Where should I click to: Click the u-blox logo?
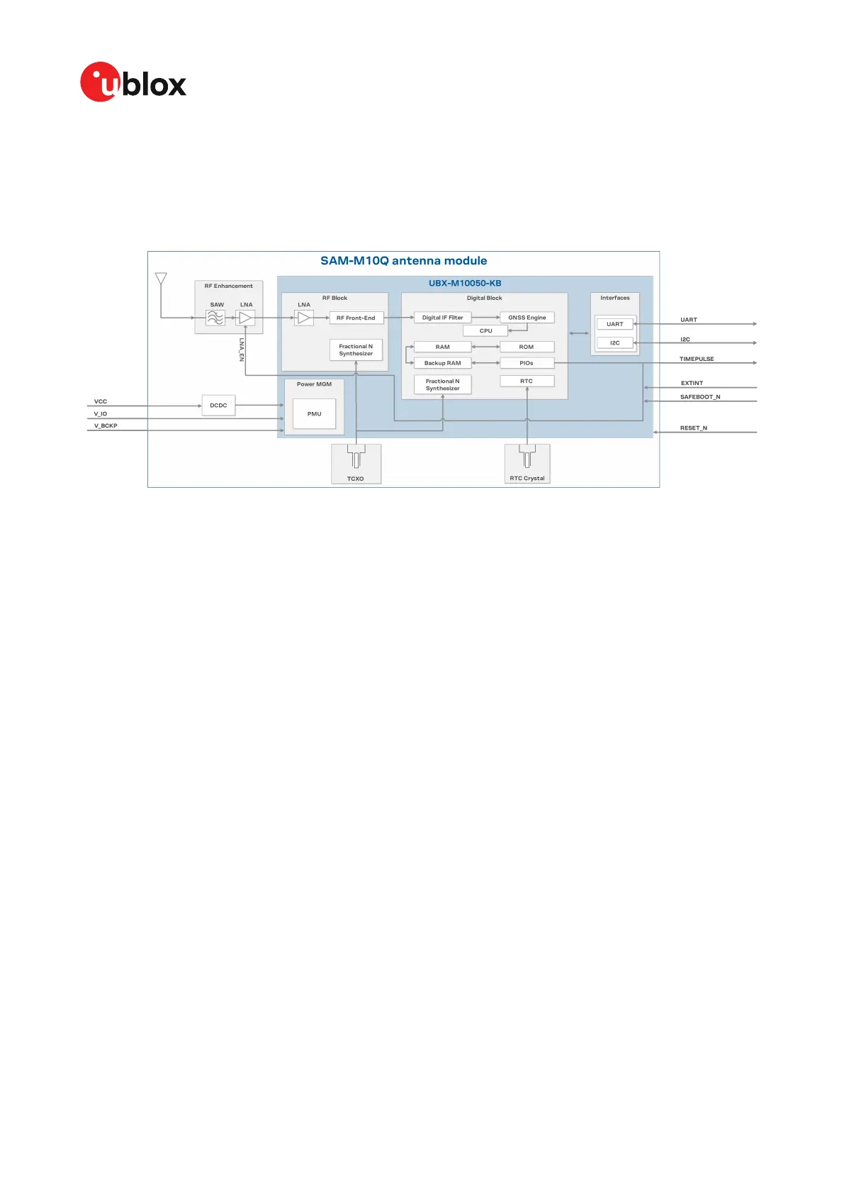(133, 82)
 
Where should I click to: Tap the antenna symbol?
(161, 278)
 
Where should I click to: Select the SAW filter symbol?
(215, 318)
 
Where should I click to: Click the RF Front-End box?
(356, 318)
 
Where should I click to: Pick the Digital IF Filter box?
(442, 318)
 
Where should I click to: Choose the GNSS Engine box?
(527, 318)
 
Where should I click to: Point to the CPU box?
(485, 331)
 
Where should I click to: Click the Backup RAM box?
(442, 363)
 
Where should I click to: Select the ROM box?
(527, 347)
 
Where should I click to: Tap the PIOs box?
(527, 363)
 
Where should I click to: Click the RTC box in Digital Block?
(527, 381)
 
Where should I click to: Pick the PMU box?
(314, 414)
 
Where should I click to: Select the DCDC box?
(218, 406)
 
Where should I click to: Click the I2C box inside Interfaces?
(614, 343)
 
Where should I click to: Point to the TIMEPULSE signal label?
(697, 359)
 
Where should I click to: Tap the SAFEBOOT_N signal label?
(700, 397)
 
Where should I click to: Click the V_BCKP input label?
(106, 426)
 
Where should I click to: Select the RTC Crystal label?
(527, 479)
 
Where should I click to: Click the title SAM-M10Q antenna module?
(403, 261)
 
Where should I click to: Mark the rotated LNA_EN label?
(242, 350)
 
